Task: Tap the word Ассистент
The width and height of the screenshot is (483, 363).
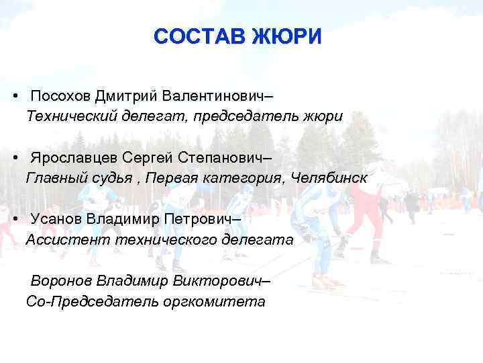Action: [67, 239]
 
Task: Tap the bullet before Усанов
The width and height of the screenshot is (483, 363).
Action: [15, 220]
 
